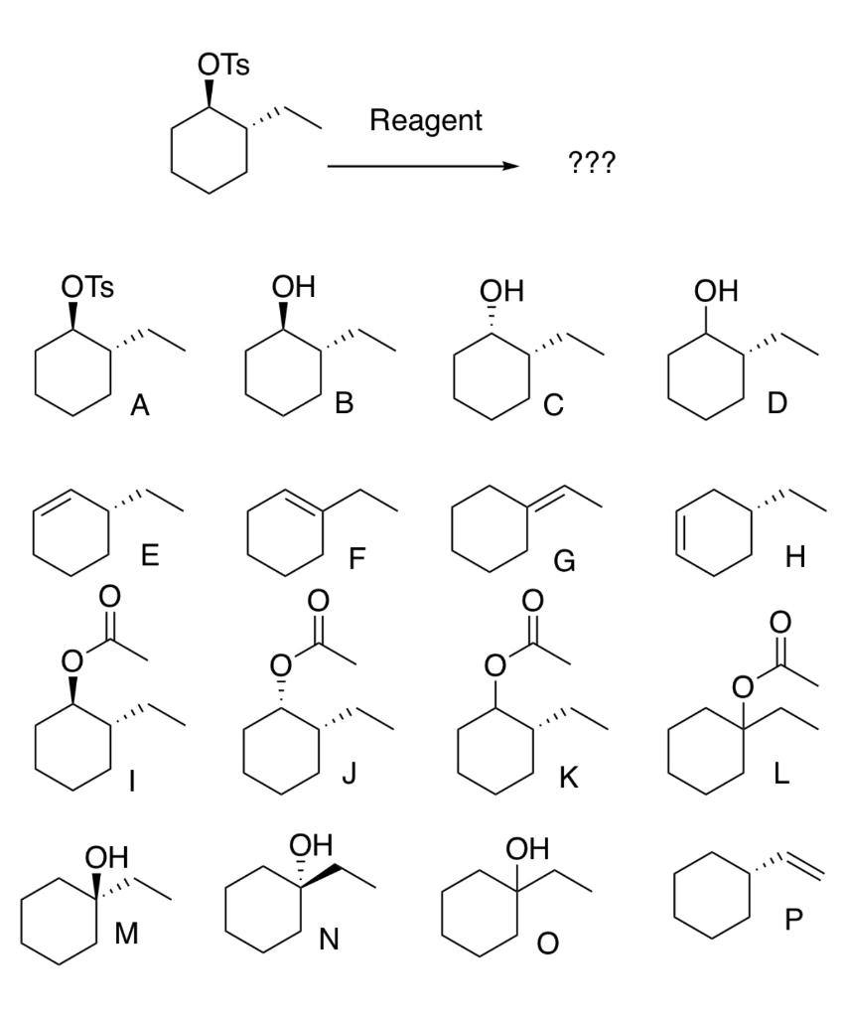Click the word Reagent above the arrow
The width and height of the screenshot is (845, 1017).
coord(425,121)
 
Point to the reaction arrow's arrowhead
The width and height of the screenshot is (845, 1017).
coord(510,167)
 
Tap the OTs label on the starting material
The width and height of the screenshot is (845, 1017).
coord(223,67)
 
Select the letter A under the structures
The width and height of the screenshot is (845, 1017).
coord(140,405)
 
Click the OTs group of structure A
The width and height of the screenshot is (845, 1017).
coord(87,288)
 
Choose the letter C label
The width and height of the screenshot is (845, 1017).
coord(553,405)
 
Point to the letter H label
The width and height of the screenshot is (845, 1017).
coord(794,558)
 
